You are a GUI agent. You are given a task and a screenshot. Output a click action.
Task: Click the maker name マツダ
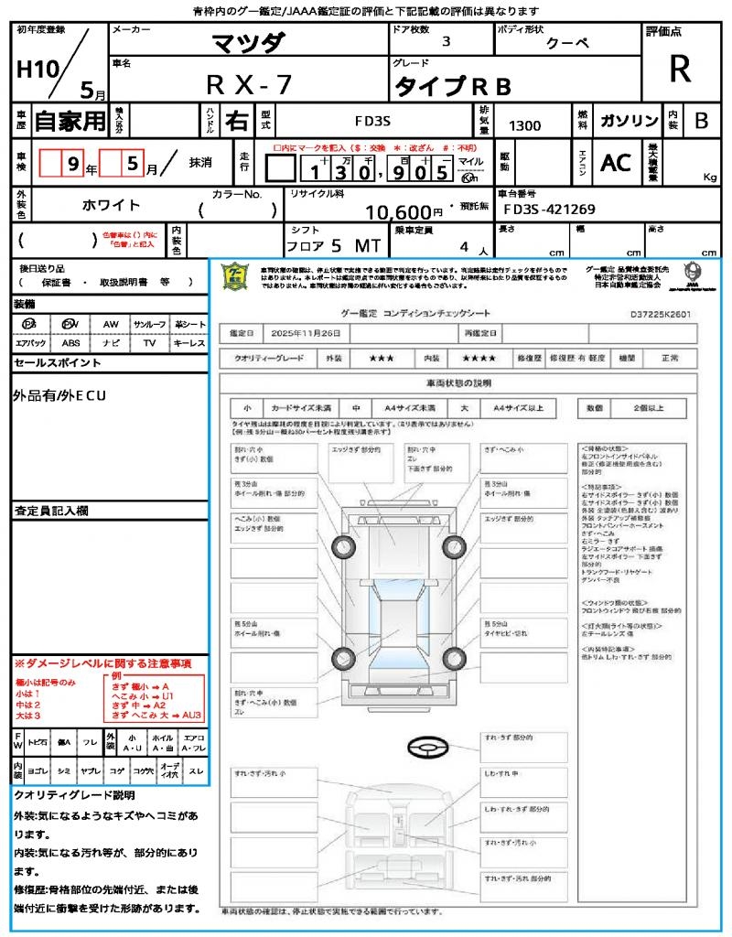[x=248, y=42]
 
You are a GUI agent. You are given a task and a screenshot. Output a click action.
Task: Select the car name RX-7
[x=248, y=85]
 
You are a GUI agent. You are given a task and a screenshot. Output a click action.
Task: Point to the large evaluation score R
[x=680, y=69]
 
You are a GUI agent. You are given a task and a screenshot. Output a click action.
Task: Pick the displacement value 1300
[x=524, y=125]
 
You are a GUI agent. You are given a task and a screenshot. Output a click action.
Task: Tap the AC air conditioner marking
[x=616, y=163]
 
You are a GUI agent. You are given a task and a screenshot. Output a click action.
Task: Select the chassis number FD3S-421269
[x=549, y=210]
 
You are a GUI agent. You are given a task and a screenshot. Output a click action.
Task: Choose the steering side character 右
[x=236, y=121]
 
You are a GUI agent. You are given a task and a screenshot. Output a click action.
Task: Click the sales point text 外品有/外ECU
[x=60, y=395]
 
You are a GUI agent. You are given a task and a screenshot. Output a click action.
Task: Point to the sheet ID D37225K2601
[x=660, y=313]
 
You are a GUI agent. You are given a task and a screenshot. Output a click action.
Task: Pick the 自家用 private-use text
[x=70, y=121]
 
